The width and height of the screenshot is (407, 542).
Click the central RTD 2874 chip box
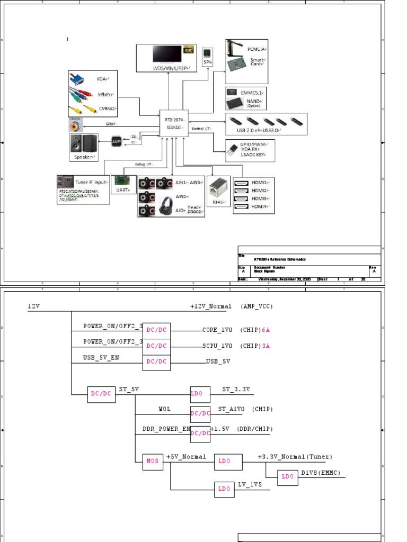pos(174,124)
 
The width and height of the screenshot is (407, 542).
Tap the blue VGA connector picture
pos(77,79)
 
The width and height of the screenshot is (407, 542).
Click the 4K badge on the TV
pos(189,50)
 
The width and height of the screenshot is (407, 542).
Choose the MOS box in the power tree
pos(153,461)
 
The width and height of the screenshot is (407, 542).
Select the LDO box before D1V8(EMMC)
pos(288,477)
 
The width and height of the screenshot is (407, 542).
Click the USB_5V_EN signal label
pos(101,358)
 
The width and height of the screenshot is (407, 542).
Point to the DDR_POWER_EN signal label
pos(166,429)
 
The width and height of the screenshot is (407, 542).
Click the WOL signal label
pos(164,409)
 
